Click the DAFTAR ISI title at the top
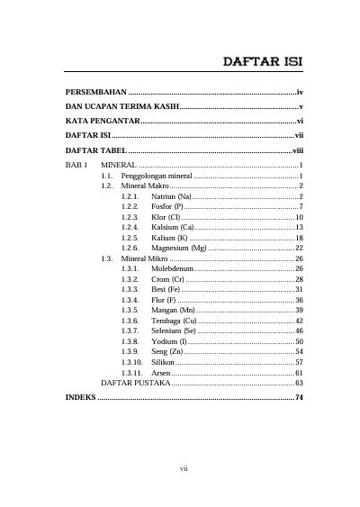(262, 62)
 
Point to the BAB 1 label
(76, 167)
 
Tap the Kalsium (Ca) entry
(174, 228)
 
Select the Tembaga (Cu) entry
(175, 321)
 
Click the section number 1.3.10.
(132, 362)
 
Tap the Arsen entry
(161, 372)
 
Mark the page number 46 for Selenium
(299, 331)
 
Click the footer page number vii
(184, 468)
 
